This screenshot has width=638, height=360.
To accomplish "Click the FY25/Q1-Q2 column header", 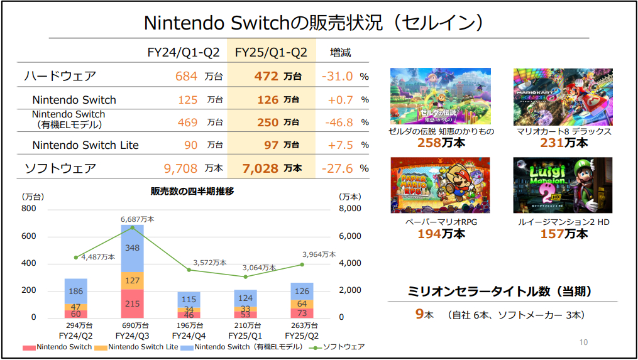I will point(271,52).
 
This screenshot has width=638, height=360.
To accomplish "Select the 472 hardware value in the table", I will point(266,76).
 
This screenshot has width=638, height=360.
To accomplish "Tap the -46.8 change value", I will point(339,123).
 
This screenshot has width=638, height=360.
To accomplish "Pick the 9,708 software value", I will point(180,168).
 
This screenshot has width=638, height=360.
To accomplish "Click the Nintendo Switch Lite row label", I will point(85,145).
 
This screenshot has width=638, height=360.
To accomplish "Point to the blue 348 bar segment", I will point(132,248).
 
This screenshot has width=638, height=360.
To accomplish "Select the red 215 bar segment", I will point(132,303).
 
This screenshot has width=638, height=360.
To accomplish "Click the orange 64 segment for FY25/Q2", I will point(302,303).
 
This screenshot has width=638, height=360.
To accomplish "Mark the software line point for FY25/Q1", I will point(245,276).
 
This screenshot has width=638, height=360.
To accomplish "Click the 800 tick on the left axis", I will point(29,209).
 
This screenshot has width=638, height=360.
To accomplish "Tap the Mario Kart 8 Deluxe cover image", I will point(563,96).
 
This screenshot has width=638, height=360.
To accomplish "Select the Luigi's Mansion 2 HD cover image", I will point(563,185).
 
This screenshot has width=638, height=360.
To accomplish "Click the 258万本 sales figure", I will point(441,143).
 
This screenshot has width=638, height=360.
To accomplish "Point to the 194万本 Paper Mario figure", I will point(441,234).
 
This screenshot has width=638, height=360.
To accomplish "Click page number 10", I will point(583,342).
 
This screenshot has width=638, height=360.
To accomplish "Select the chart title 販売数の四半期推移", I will point(192,191).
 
